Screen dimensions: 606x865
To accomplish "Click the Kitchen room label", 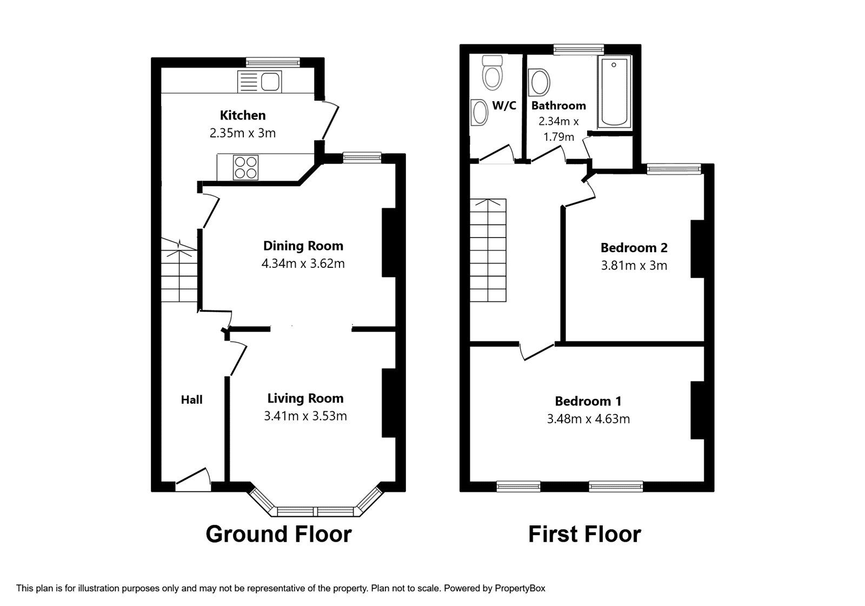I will coord(243,115).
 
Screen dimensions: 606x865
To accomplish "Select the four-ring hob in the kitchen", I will coord(245,167).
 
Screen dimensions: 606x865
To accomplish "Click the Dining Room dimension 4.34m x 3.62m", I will coord(303,264).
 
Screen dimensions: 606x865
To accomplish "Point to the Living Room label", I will coord(305,399).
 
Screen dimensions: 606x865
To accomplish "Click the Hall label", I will coord(191,400).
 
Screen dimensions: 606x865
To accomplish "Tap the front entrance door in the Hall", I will coord(193,480).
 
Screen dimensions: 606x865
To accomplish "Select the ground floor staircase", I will coord(178,273).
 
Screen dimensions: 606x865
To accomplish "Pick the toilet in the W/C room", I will coord(493,73).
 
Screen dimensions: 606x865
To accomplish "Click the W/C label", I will coord(504,106).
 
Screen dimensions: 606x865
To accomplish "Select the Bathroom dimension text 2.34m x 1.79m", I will coord(558,129).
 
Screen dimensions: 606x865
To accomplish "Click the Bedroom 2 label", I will coord(634,248).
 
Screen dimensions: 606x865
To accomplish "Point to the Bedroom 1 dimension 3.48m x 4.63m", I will coord(588,419).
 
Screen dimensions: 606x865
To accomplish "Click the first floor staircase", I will coord(488,250).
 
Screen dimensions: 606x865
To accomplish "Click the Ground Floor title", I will coord(278,534).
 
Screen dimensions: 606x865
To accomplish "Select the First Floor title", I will coord(584,534).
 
